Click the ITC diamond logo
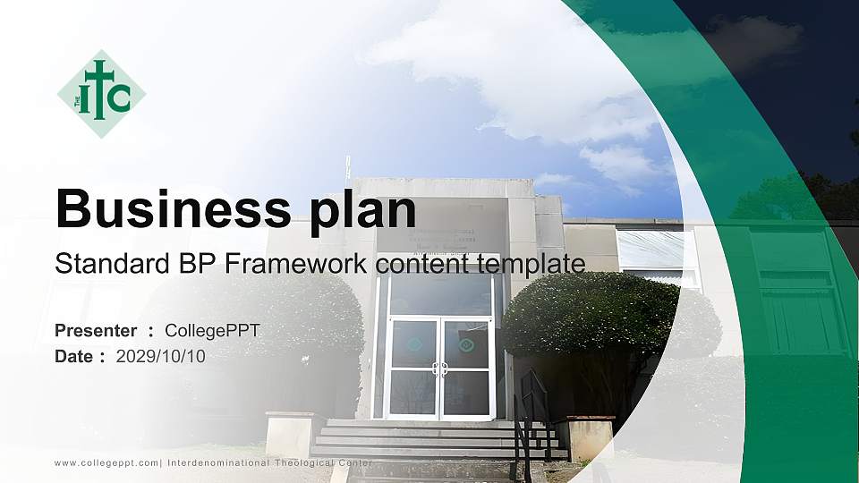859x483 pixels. tap(101, 94)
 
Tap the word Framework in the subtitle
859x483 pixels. tap(296, 264)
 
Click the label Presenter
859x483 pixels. tap(96, 331)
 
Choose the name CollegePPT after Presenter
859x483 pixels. tap(212, 331)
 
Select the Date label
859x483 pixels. tap(74, 356)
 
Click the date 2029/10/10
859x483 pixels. tap(161, 356)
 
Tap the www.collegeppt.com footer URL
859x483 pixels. tap(106, 463)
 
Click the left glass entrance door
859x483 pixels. tap(413, 368)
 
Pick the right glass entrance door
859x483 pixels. tap(466, 368)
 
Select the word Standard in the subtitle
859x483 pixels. tap(98, 264)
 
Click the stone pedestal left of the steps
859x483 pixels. tap(293, 434)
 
